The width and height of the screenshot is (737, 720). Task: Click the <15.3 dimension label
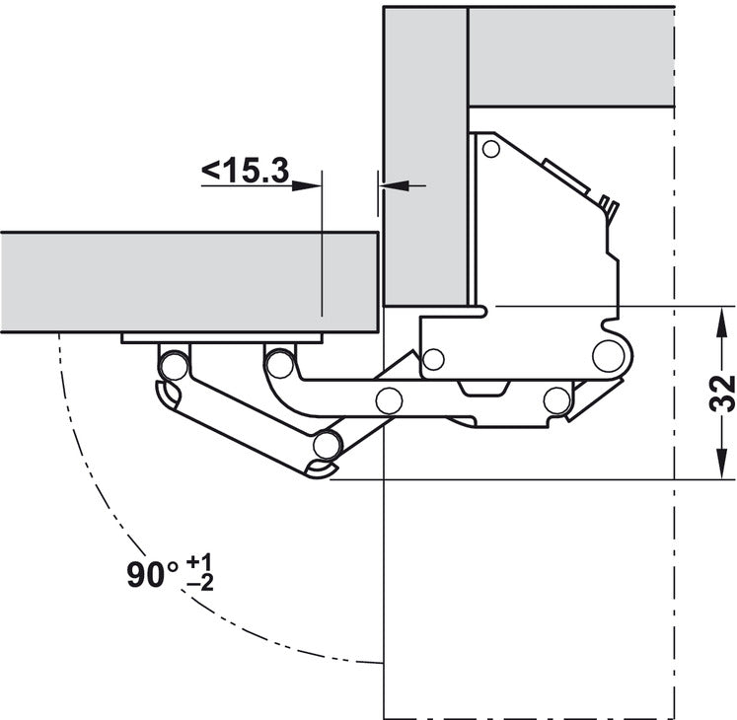point(245,170)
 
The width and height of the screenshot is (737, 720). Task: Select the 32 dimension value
point(722,394)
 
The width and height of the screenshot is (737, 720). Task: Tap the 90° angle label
point(153,574)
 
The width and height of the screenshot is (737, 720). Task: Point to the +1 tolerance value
point(199,561)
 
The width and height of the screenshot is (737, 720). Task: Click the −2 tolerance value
point(199,584)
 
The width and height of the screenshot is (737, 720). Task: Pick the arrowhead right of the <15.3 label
point(306,186)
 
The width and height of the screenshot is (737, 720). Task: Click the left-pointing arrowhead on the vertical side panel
point(394,185)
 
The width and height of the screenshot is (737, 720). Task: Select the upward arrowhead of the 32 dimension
point(720,322)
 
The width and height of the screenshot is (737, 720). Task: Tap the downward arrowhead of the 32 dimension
point(720,464)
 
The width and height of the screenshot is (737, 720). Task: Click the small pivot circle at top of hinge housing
point(491,150)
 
